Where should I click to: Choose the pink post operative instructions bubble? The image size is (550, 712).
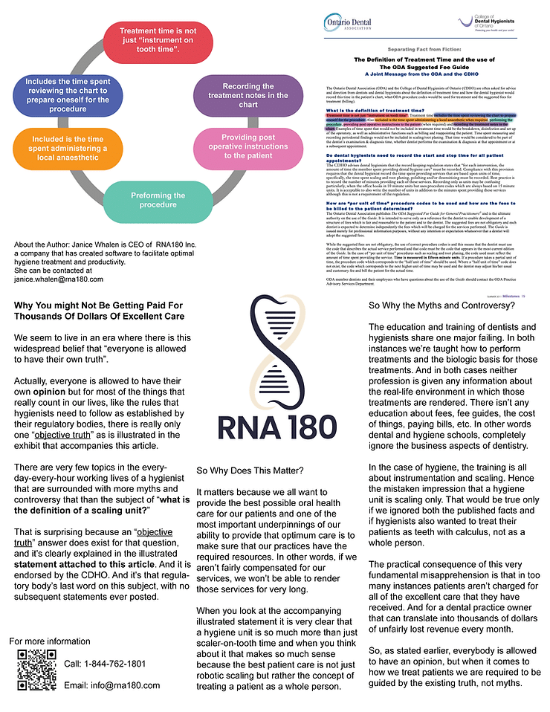pos(248,146)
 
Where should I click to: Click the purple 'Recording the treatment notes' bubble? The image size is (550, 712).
pos(247,95)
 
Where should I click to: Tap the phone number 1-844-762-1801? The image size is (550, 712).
pos(105,663)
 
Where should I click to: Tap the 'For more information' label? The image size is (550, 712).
pos(50,641)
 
